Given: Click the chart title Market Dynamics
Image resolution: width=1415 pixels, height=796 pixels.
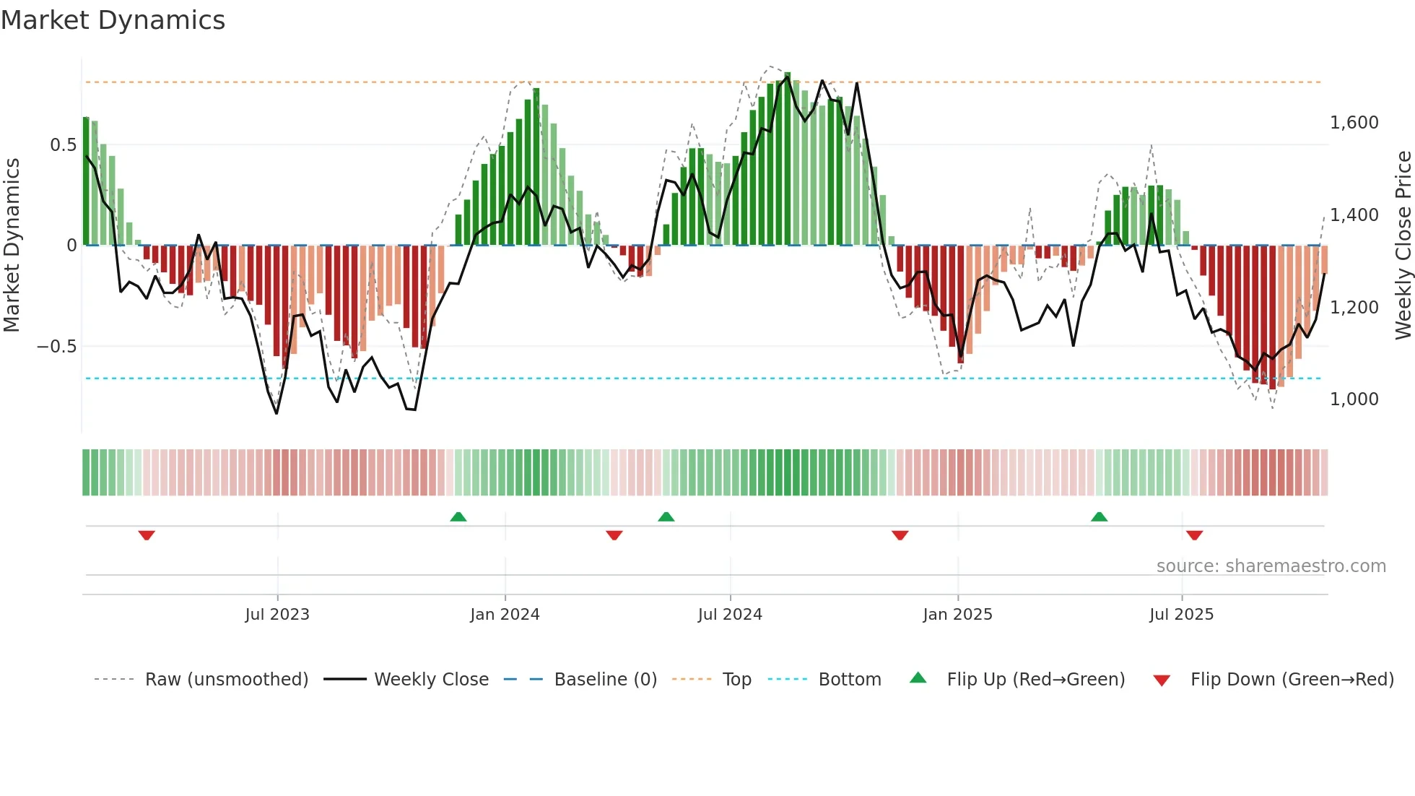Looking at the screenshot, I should click(x=113, y=20).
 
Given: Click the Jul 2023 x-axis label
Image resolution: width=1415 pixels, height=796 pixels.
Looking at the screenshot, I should click(x=277, y=615).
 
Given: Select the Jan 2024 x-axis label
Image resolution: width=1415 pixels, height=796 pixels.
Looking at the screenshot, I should click(x=505, y=615).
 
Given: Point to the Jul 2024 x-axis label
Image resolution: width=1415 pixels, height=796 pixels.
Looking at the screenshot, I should click(x=730, y=615).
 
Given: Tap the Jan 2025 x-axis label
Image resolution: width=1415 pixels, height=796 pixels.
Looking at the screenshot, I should click(x=957, y=615).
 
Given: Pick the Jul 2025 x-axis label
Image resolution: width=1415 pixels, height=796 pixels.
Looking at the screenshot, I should click(x=1181, y=615).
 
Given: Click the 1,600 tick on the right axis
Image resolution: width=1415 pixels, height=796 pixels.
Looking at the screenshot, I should click(x=1354, y=123).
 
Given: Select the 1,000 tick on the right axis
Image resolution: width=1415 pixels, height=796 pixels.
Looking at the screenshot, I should click(x=1354, y=399).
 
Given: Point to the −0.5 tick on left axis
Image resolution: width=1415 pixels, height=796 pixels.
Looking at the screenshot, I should click(x=56, y=347).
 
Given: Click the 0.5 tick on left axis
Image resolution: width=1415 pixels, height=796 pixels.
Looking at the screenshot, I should click(x=63, y=145).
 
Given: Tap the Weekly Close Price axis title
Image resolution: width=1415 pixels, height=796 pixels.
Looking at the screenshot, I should click(x=1403, y=246).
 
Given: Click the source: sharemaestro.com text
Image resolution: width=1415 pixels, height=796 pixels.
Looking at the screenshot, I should click(x=1271, y=566).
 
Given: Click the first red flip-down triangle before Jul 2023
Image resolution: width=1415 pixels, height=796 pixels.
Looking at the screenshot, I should click(x=147, y=535).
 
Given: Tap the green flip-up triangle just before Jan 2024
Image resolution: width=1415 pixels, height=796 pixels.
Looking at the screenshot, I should click(x=458, y=516).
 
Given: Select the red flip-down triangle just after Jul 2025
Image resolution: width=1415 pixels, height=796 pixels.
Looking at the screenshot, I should click(x=1194, y=535).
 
